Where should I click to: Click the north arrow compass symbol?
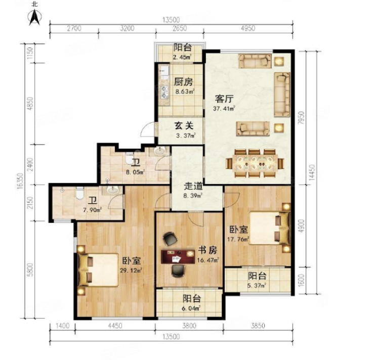(x=35, y=17)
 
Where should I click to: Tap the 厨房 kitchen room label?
(x=183, y=82)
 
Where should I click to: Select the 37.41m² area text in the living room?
(x=224, y=109)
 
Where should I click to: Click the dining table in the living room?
(x=255, y=163)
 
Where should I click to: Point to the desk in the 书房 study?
(x=178, y=256)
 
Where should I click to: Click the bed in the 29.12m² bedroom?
(x=98, y=269)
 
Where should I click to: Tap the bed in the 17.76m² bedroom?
(x=270, y=228)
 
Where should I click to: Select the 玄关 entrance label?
(x=184, y=125)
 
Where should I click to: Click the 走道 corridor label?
(x=193, y=186)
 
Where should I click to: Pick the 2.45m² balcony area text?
(x=182, y=57)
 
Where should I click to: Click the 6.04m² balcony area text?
(x=192, y=308)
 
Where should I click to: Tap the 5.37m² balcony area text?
(x=257, y=286)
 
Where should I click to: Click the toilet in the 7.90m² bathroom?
(x=80, y=193)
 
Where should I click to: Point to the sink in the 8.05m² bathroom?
(x=159, y=151)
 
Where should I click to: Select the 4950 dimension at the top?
(x=248, y=28)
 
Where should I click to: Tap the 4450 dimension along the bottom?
(x=115, y=326)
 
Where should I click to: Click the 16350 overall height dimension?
(x=20, y=181)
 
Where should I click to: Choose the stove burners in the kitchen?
(x=164, y=92)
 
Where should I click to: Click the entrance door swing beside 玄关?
(x=147, y=129)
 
